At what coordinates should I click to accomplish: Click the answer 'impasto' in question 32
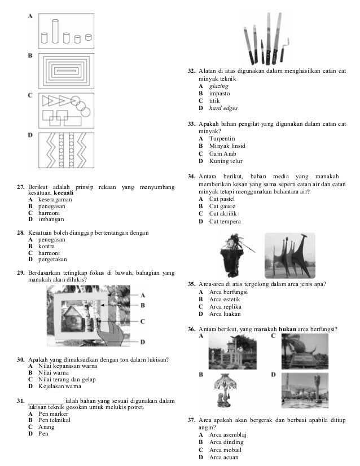[219, 93]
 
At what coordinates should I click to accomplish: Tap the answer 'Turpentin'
[222, 138]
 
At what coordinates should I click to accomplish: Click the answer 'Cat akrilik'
[222, 214]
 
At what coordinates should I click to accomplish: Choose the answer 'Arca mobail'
[225, 450]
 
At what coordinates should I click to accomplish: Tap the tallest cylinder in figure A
[55, 31]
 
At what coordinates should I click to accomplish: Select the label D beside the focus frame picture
[143, 341]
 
